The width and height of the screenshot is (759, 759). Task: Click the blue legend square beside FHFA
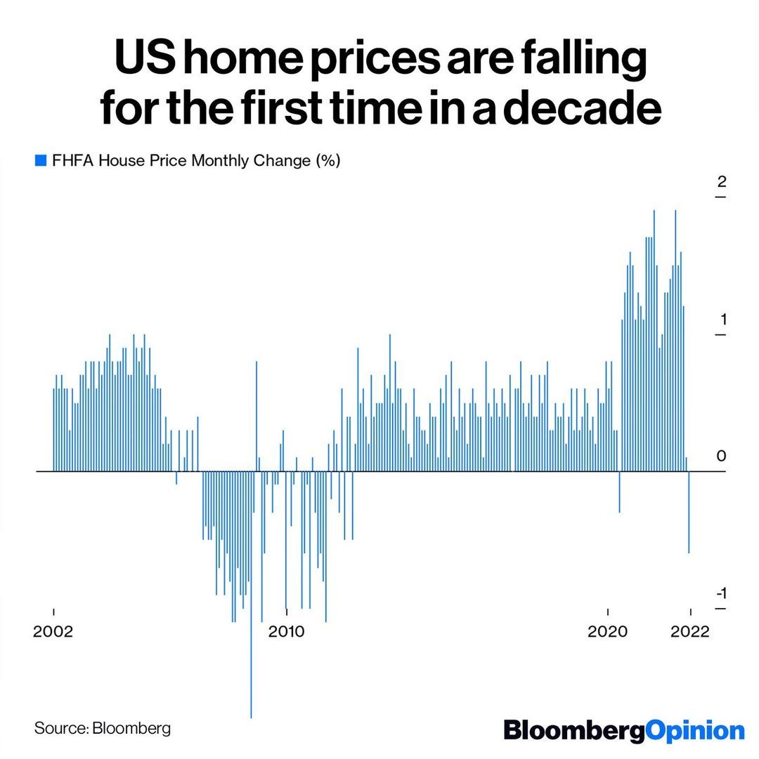(40, 161)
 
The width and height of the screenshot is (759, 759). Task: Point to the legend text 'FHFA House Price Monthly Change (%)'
(196, 161)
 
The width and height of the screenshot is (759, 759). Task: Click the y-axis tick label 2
(720, 181)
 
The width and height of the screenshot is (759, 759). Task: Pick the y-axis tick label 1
(720, 319)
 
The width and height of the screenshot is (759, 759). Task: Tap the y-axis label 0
(720, 457)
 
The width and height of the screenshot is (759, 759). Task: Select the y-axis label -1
(720, 594)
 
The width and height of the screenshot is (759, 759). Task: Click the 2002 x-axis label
(53, 631)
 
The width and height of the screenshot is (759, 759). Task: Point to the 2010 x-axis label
(286, 631)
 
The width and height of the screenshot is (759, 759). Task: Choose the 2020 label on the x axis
(607, 631)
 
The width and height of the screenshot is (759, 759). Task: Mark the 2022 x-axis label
(691, 631)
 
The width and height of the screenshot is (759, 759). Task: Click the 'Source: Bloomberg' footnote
(103, 727)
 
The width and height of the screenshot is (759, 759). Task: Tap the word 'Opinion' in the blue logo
(694, 729)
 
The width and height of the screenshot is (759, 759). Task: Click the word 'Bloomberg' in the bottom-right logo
(573, 729)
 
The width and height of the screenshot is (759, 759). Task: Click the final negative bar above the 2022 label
(689, 513)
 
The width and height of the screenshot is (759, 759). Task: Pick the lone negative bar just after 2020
(619, 492)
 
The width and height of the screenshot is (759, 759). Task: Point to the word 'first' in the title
(309, 110)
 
